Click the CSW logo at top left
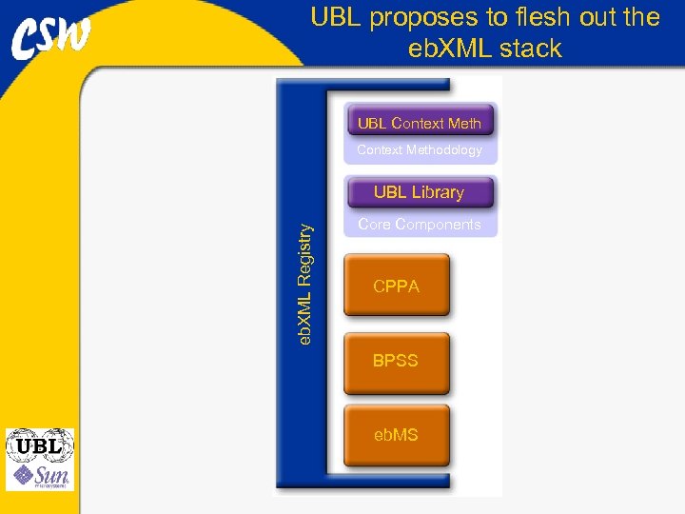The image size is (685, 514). point(51,38)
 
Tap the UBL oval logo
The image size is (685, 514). point(39,445)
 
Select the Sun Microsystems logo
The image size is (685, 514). point(39,475)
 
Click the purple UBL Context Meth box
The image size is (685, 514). point(420,122)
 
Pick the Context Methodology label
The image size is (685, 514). point(420,150)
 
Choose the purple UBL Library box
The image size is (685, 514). point(420,192)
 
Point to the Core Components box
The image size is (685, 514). point(420,225)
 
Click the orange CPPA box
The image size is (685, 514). point(396,286)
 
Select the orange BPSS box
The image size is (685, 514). point(396,361)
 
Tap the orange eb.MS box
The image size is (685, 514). point(396,435)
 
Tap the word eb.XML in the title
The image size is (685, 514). point(446,49)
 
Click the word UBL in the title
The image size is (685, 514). point(336,18)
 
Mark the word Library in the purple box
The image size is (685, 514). point(438,192)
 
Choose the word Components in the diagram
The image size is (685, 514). point(441,225)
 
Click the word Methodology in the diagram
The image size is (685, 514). point(445,150)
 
